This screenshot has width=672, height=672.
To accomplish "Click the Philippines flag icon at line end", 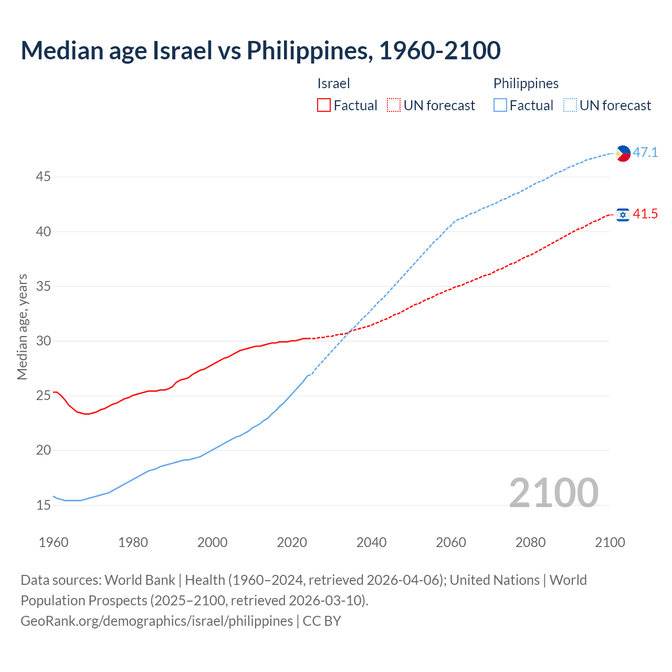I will [623, 153].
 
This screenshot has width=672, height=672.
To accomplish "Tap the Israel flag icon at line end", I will [623, 215].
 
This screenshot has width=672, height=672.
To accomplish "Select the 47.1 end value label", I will [645, 153].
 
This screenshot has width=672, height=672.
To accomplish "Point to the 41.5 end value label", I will [645, 214].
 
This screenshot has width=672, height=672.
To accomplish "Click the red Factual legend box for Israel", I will [324, 106].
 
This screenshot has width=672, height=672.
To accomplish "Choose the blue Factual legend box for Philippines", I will [500, 106].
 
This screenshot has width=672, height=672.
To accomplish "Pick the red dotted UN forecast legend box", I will [394, 106].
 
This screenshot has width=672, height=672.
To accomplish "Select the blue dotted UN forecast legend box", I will [570, 106].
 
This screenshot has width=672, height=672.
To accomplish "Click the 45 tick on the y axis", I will [43, 177].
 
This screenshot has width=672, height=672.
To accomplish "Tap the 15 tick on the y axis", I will [43, 506].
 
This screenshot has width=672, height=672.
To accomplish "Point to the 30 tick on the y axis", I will [43, 341].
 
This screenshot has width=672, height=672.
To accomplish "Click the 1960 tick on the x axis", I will [54, 542].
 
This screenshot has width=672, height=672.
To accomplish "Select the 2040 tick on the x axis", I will [371, 542].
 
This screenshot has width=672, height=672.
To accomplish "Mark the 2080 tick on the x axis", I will [530, 542].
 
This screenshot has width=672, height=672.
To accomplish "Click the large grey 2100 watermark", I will [553, 493].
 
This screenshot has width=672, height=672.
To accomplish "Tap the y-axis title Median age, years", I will [22, 327].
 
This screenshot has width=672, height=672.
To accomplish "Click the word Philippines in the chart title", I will [309, 50].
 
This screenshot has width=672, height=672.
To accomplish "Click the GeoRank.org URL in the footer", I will [156, 621].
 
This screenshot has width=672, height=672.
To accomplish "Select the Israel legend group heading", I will [333, 83].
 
